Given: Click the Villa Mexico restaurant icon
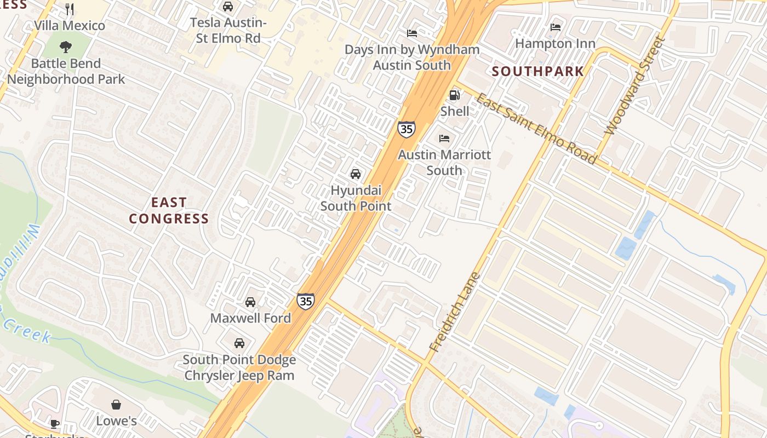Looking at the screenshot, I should tap(70, 9).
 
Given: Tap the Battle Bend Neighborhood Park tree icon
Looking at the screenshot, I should tap(66, 47).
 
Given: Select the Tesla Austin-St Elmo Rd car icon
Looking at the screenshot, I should tap(228, 7).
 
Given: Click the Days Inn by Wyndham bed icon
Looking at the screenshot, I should tap(412, 33).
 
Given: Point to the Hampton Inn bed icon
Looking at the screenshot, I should tap(556, 27).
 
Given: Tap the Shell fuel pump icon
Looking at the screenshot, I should tap(454, 95).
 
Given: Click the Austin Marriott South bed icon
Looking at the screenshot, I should tap(444, 139).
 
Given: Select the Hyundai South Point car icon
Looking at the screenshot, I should tap(356, 174).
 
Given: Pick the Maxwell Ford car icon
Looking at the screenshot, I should tap(250, 302).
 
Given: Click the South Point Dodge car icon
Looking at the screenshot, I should tap(239, 343).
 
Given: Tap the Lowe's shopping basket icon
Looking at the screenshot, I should tap(116, 405).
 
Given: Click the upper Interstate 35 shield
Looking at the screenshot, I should tap(407, 129).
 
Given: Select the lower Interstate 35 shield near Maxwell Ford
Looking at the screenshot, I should tap(306, 301).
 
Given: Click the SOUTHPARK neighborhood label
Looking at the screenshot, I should tap(537, 71).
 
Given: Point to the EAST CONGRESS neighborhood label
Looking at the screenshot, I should tap(169, 211).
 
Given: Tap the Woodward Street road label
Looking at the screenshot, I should tap(634, 86).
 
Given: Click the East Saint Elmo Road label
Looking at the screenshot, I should tap(535, 129).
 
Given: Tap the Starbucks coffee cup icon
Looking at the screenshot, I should tap(55, 424).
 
